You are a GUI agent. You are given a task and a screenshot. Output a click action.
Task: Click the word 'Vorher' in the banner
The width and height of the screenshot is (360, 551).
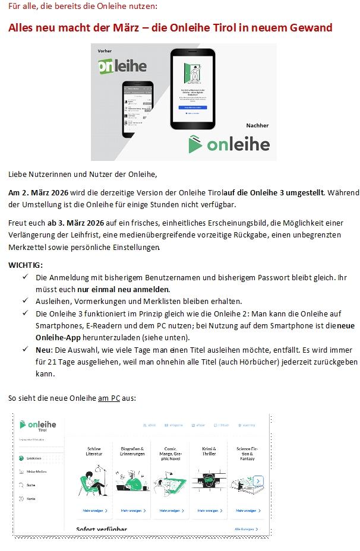coord(105,52)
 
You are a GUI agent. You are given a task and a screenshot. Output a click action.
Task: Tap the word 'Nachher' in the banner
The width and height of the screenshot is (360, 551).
coord(257,125)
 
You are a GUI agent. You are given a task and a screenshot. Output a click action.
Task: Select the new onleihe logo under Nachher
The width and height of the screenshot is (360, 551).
coord(229,144)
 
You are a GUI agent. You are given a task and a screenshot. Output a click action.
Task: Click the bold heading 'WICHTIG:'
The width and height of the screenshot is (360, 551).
coord(26,265)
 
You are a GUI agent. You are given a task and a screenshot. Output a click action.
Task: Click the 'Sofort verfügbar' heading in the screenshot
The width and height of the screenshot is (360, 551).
coord(102,529)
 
